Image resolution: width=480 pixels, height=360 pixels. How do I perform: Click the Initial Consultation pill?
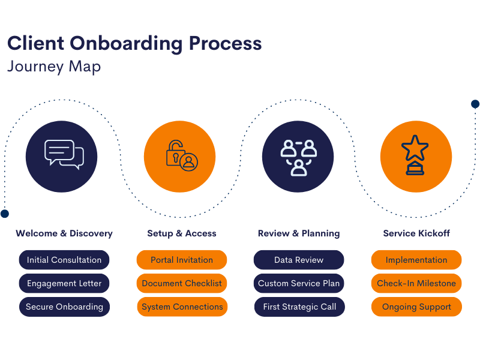pos(64,260)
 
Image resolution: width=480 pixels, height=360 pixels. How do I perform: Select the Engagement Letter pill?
pos(64,283)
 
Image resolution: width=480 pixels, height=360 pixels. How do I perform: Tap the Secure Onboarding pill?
pos(64,307)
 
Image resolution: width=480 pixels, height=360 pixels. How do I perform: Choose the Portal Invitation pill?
pos(182,260)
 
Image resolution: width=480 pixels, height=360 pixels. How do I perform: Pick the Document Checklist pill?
pos(182,283)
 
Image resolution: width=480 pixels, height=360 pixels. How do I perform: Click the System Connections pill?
pos(182,307)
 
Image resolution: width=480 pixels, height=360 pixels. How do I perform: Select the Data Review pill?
pos(299,260)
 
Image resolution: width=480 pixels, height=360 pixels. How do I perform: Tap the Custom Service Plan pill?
pos(299,283)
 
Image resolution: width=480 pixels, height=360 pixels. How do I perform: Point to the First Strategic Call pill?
pos(299,307)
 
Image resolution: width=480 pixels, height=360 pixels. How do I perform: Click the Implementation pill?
pos(416,260)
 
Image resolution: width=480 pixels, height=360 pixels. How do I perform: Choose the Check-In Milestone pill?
pos(416,283)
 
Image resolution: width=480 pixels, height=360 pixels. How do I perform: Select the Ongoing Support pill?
pos(416,307)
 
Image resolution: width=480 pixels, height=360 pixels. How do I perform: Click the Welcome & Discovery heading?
pos(64,233)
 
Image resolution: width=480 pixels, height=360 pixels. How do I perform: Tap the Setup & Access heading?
pos(182,233)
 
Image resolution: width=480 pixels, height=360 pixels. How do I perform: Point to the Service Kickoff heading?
pos(416,233)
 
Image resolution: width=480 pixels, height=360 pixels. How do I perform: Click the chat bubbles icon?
pos(64,155)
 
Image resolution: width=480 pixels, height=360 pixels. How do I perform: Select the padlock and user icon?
pos(182,155)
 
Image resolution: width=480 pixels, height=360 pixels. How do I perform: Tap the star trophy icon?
pos(415,155)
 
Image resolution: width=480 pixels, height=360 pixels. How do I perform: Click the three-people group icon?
pos(298,157)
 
